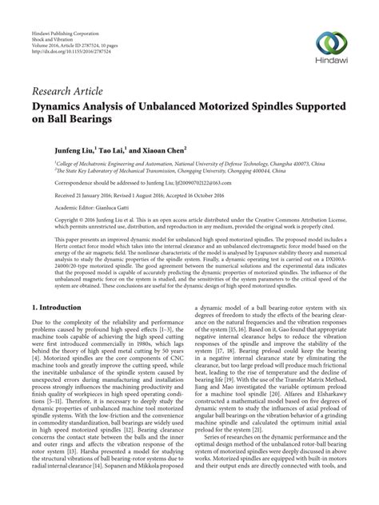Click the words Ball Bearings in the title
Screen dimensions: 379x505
tap(66, 120)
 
